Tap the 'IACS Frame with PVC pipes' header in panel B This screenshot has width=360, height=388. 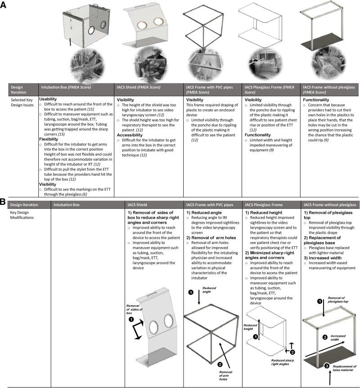point(211,205)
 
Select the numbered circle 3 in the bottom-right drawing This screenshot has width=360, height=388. point(327,365)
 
